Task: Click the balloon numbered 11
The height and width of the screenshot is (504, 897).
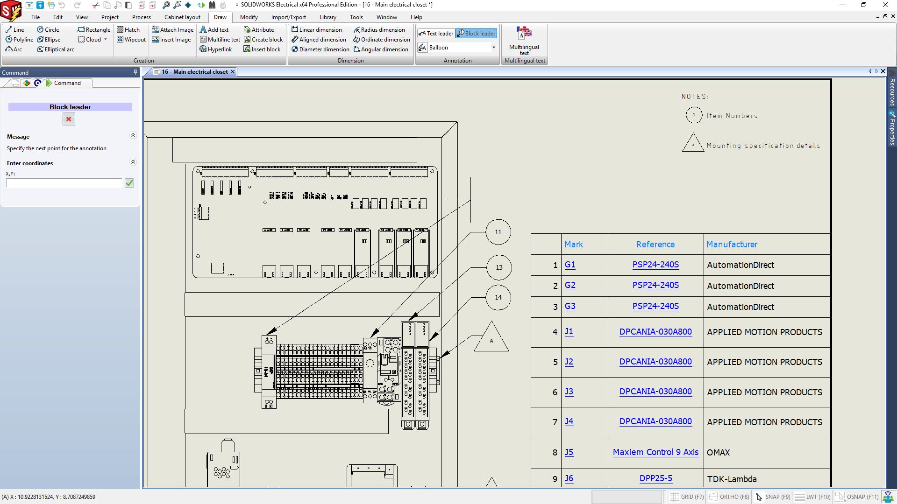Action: (x=498, y=232)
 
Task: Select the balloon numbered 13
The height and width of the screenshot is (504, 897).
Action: (x=498, y=267)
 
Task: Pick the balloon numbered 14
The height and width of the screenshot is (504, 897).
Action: (x=498, y=297)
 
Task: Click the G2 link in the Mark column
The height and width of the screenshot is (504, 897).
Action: (x=570, y=285)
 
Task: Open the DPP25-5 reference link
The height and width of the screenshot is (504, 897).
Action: (x=655, y=478)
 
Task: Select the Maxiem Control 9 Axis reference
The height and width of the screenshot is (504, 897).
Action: (x=655, y=452)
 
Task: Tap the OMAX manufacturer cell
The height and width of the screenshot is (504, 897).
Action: (x=718, y=452)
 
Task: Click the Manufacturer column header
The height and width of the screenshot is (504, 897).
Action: (x=732, y=244)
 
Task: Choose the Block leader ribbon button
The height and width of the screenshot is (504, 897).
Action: (x=476, y=34)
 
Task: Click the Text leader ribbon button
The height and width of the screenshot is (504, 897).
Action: (x=435, y=34)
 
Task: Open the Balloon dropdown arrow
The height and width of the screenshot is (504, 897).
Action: (x=493, y=48)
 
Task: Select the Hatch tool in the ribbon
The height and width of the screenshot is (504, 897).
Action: (x=128, y=29)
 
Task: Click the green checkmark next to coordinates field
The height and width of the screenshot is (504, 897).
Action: (x=129, y=183)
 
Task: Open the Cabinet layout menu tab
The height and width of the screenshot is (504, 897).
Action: (x=182, y=17)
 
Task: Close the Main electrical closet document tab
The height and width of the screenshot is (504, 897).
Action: (x=233, y=72)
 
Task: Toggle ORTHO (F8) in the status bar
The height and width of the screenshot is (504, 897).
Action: (x=729, y=497)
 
